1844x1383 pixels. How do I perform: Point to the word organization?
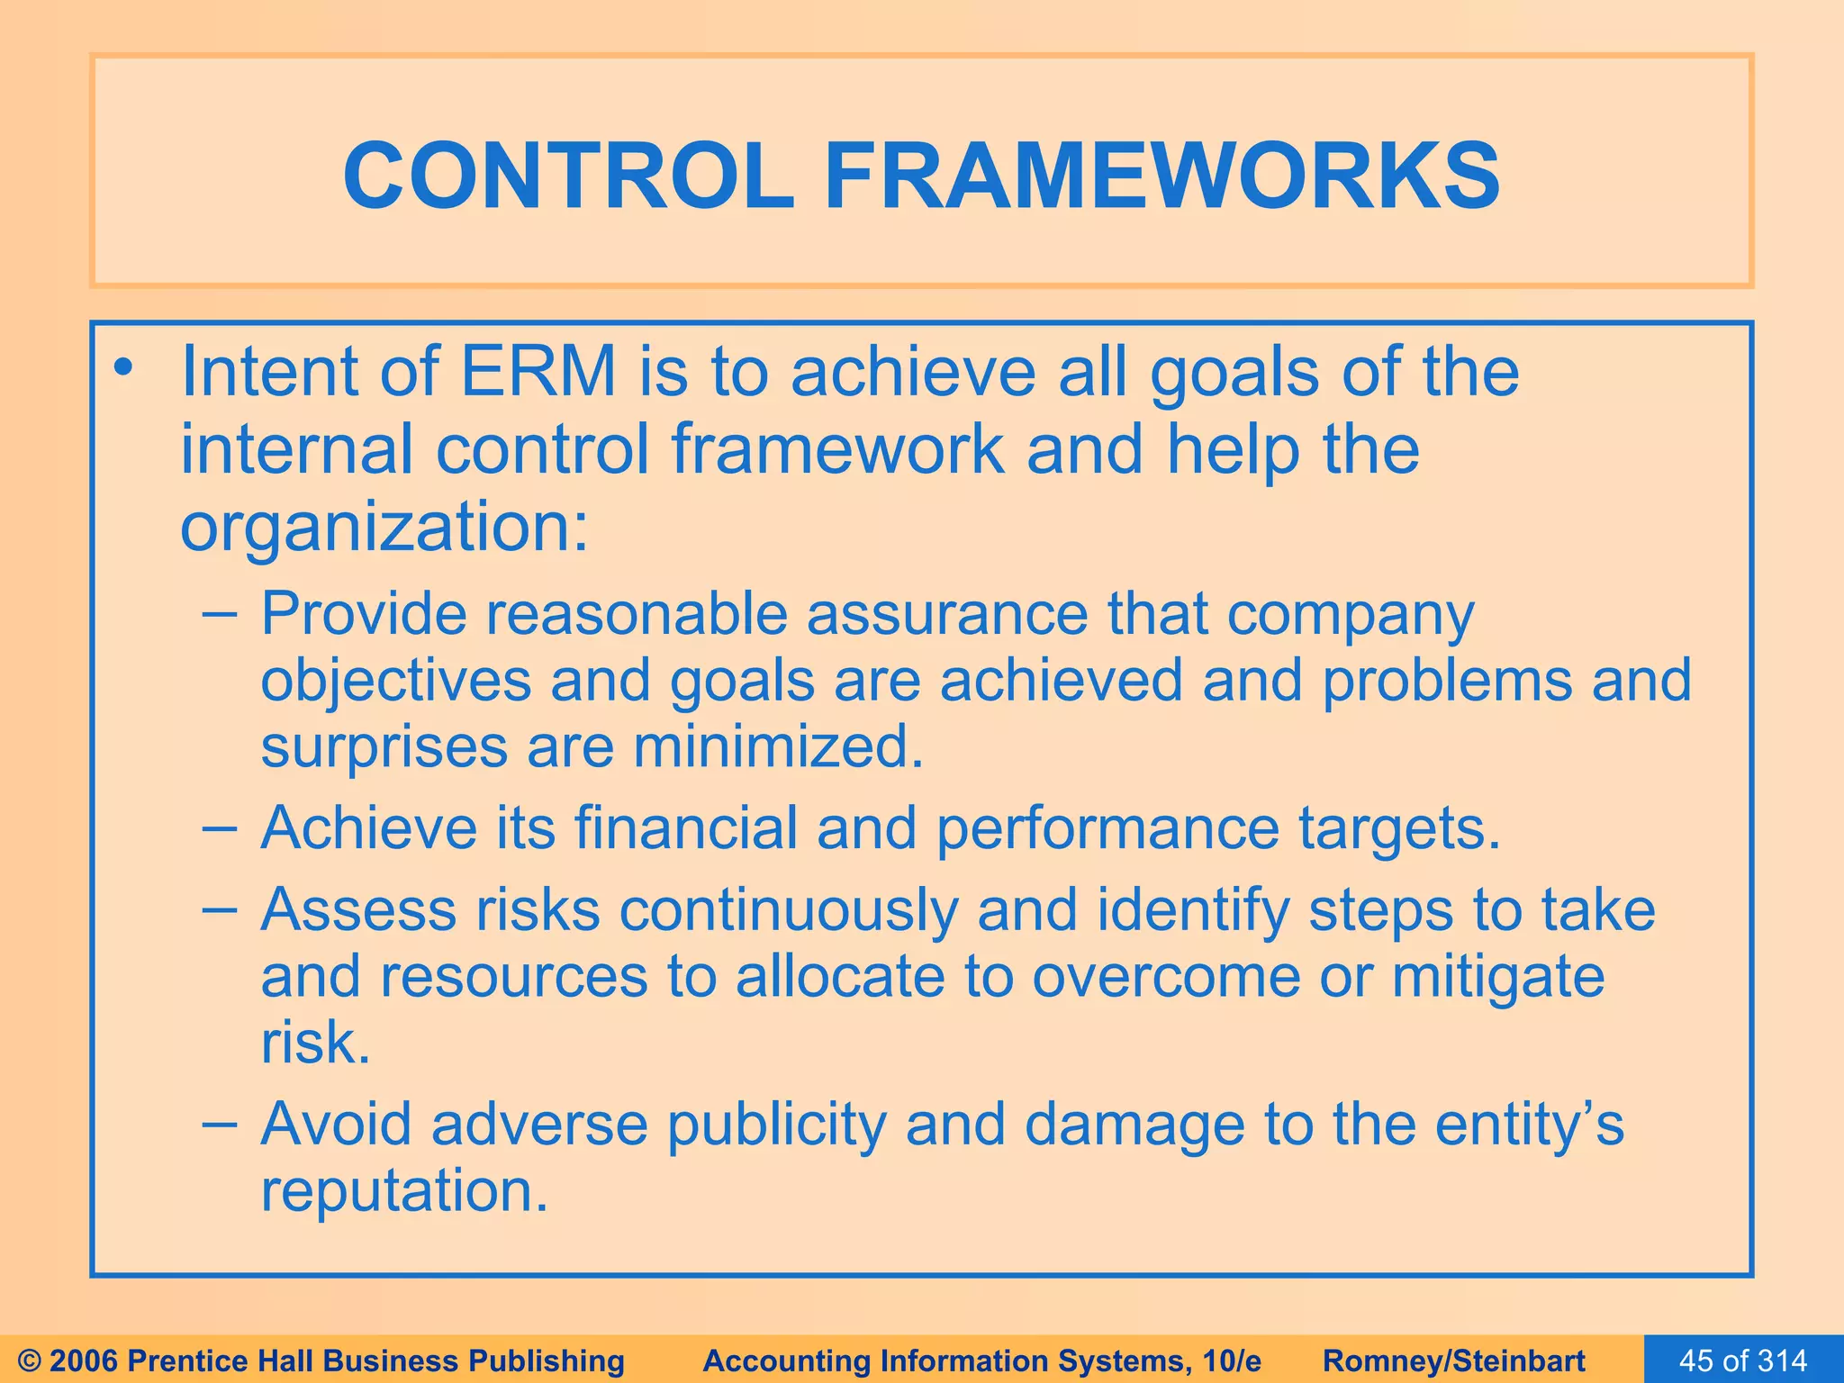pos(384,529)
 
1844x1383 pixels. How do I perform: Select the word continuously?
pos(788,909)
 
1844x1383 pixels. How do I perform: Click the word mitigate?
pos(1498,977)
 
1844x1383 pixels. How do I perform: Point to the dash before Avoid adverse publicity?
pos(220,1125)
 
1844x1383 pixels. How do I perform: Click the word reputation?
pos(404,1192)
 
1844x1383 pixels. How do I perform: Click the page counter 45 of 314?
pos(1743,1360)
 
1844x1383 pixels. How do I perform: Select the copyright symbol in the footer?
pos(30,1360)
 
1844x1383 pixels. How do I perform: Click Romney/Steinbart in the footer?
pos(1454,1360)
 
